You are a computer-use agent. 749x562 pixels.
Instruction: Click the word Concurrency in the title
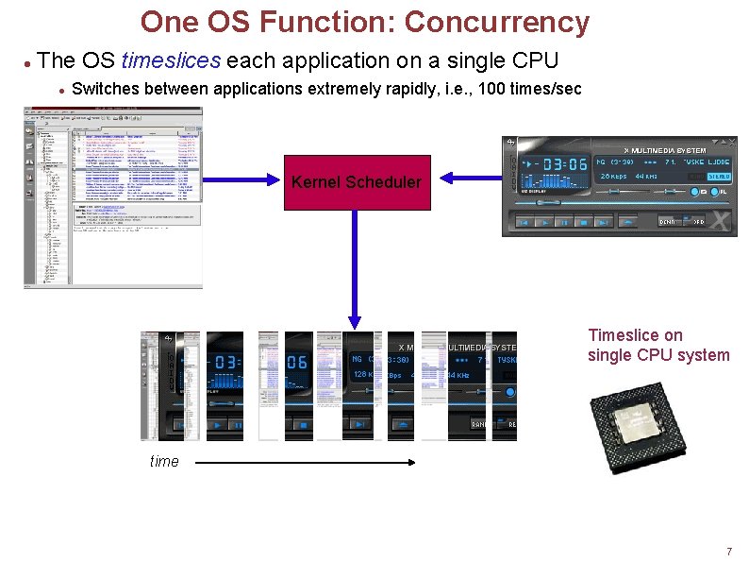tap(496, 22)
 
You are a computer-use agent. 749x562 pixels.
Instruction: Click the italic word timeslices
tap(171, 61)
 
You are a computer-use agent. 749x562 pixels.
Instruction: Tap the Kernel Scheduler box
tap(357, 182)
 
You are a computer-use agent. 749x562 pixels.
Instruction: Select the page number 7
tap(728, 552)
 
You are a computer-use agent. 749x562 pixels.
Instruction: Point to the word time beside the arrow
tap(164, 461)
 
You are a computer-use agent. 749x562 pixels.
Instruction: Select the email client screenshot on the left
tap(112, 196)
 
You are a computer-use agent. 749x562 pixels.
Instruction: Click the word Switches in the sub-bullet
tap(102, 90)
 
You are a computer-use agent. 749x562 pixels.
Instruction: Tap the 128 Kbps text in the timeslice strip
tap(364, 375)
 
